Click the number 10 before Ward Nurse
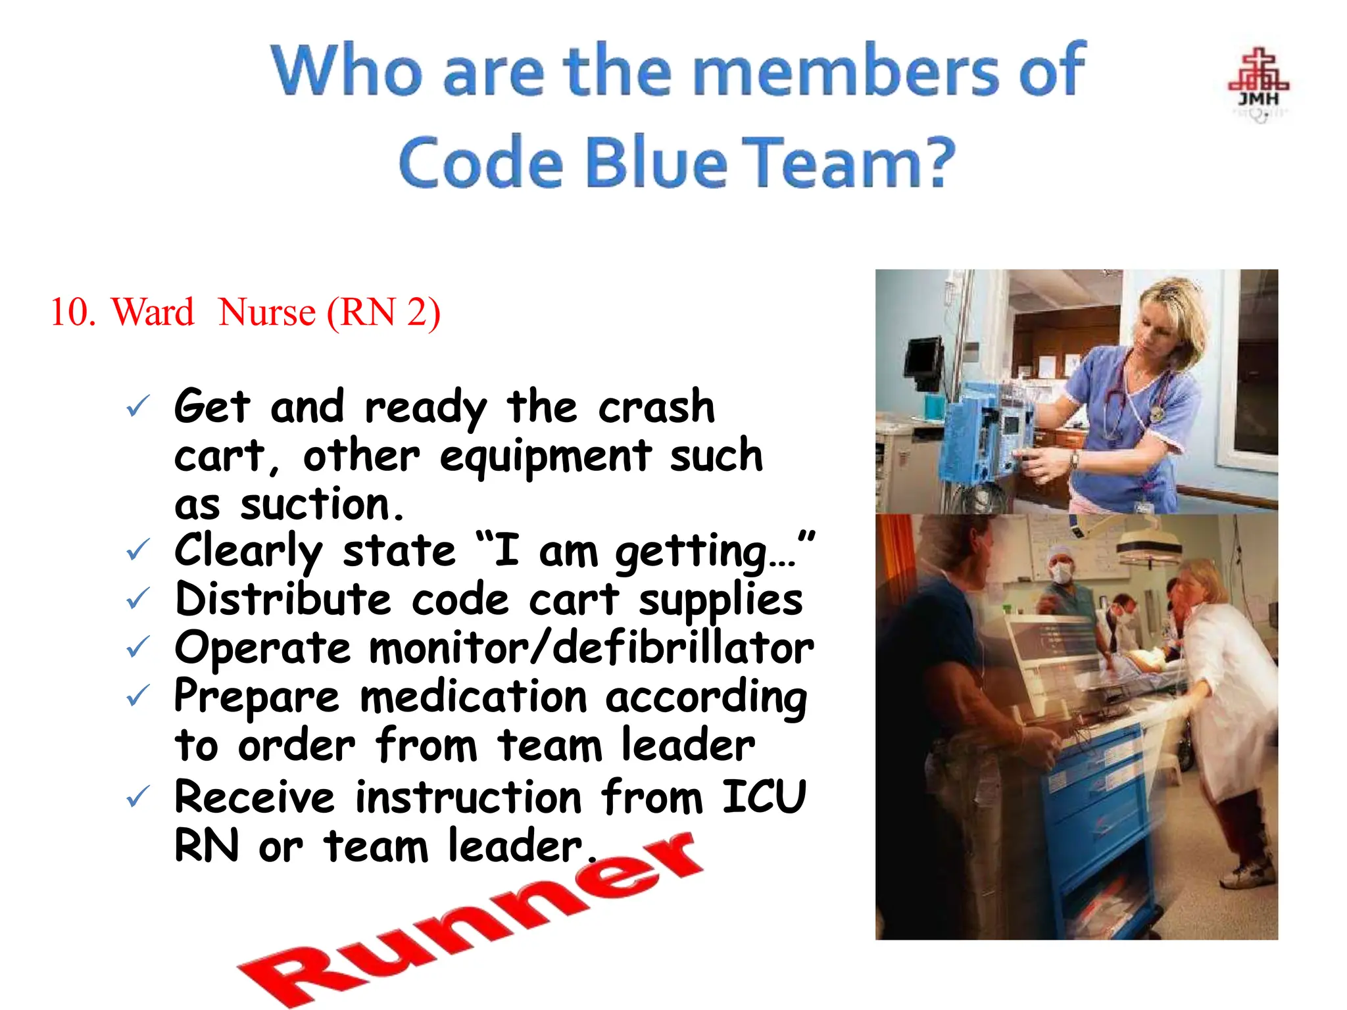72,312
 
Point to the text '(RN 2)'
383,312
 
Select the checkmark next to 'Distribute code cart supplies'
138,598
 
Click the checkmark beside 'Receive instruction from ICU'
138,797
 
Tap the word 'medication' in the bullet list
473,697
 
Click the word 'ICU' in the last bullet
764,797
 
